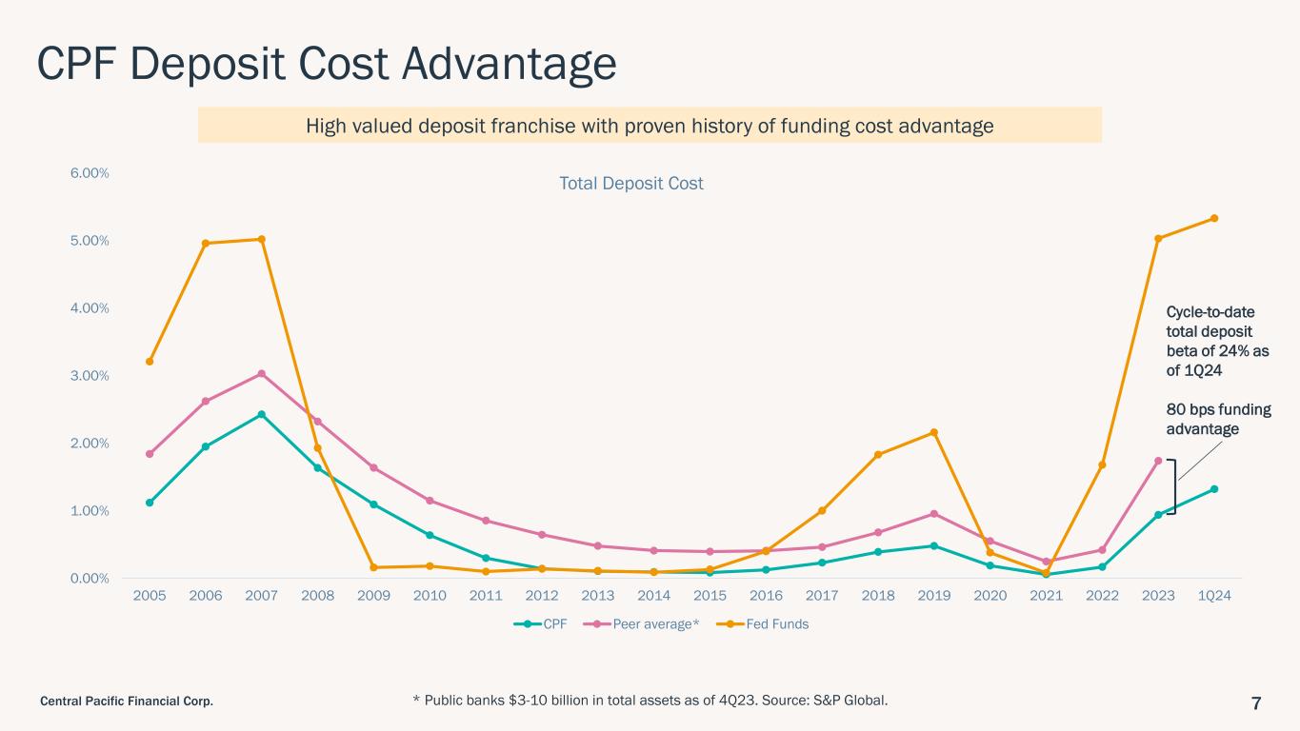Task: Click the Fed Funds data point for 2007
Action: [x=262, y=239]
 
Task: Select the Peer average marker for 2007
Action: [x=262, y=374]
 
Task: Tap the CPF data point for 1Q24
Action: [x=1214, y=489]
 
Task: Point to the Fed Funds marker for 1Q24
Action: [x=1214, y=218]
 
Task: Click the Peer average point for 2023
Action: [x=1158, y=461]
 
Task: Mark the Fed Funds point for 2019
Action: [x=934, y=432]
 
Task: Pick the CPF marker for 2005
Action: [x=150, y=503]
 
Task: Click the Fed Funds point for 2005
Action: [x=150, y=362]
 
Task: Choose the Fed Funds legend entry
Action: [x=767, y=624]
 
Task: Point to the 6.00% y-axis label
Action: [x=90, y=173]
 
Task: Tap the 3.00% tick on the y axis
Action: [x=90, y=376]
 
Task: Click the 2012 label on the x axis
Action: [x=542, y=595]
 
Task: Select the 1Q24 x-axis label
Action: [x=1214, y=595]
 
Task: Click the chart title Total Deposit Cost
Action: [x=630, y=183]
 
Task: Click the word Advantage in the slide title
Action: [x=494, y=65]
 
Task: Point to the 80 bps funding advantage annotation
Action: [x=1218, y=419]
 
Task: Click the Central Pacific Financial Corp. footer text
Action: [x=126, y=702]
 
